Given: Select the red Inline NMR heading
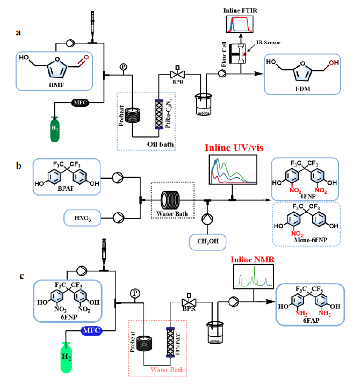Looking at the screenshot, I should click(x=250, y=260).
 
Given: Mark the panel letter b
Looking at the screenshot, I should click(x=20, y=165).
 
